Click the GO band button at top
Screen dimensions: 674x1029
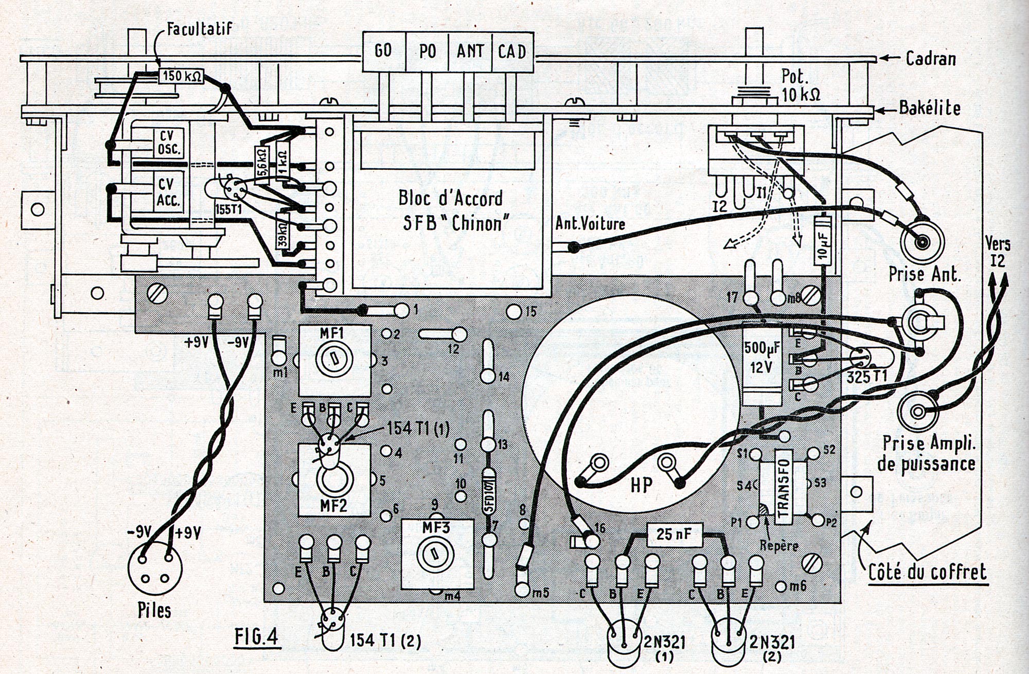(x=384, y=51)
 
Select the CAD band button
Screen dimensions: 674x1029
(x=512, y=51)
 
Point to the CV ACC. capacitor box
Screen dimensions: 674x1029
(x=169, y=192)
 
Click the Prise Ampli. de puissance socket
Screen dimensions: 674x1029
(x=918, y=411)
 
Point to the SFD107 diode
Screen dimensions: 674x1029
(x=489, y=492)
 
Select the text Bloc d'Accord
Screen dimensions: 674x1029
(x=450, y=199)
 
